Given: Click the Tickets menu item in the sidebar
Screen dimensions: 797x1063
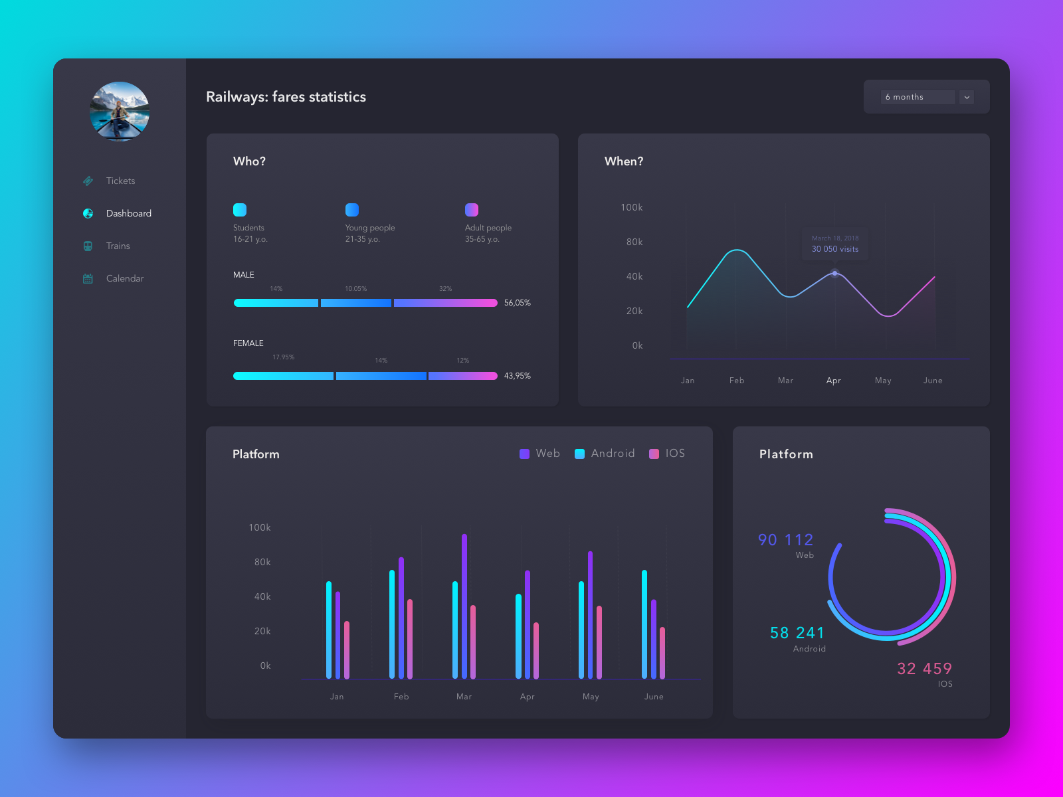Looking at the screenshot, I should click(120, 181).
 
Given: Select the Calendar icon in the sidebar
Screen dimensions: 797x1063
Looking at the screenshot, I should click(88, 278).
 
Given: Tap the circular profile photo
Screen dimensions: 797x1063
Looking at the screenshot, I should click(120, 112).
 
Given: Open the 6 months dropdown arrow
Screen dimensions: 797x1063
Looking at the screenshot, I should click(967, 97).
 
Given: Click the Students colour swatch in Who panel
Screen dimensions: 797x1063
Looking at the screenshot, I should click(240, 210).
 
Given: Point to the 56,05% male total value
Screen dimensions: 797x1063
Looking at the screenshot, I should click(517, 303).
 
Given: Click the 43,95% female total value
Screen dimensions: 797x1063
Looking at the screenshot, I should click(517, 376).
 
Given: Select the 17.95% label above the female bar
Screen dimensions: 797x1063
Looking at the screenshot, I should click(283, 357).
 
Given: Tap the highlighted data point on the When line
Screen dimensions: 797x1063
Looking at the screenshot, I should click(835, 273).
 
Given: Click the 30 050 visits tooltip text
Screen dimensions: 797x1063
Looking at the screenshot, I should click(835, 249).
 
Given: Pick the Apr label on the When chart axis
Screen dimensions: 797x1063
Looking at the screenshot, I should click(834, 381).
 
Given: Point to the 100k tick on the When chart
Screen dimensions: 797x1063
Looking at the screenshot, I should click(631, 207).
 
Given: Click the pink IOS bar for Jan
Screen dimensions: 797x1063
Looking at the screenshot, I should click(347, 649).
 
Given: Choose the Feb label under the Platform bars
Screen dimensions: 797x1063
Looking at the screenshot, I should click(401, 697).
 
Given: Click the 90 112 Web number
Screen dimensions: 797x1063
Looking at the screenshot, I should click(785, 540).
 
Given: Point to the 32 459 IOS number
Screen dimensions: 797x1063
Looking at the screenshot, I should click(924, 669).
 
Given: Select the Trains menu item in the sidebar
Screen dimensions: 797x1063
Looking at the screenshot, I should click(118, 246).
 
